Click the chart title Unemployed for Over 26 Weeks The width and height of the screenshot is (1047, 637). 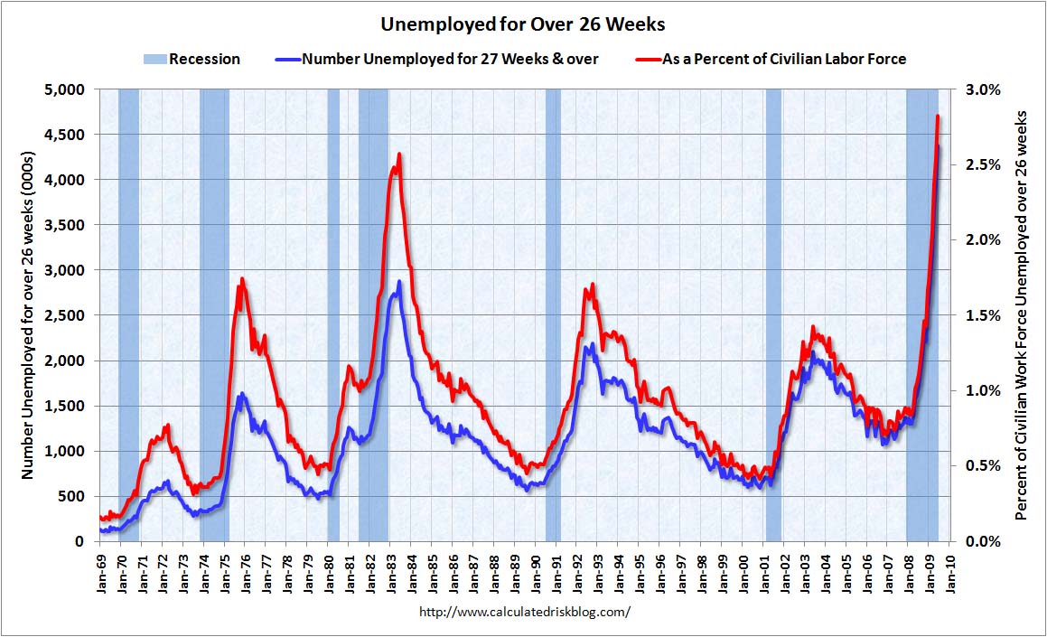pyautogui.click(x=522, y=23)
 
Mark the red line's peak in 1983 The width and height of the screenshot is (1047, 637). pyautogui.click(x=398, y=155)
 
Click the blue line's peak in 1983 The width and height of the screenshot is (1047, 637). pyautogui.click(x=398, y=282)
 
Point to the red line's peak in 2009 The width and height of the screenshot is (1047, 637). pyautogui.click(x=938, y=117)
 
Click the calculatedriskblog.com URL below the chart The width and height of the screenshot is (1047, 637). pyautogui.click(x=525, y=612)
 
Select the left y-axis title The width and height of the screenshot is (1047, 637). pyautogui.click(x=27, y=315)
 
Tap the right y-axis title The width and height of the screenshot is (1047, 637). pyautogui.click(x=1023, y=315)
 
